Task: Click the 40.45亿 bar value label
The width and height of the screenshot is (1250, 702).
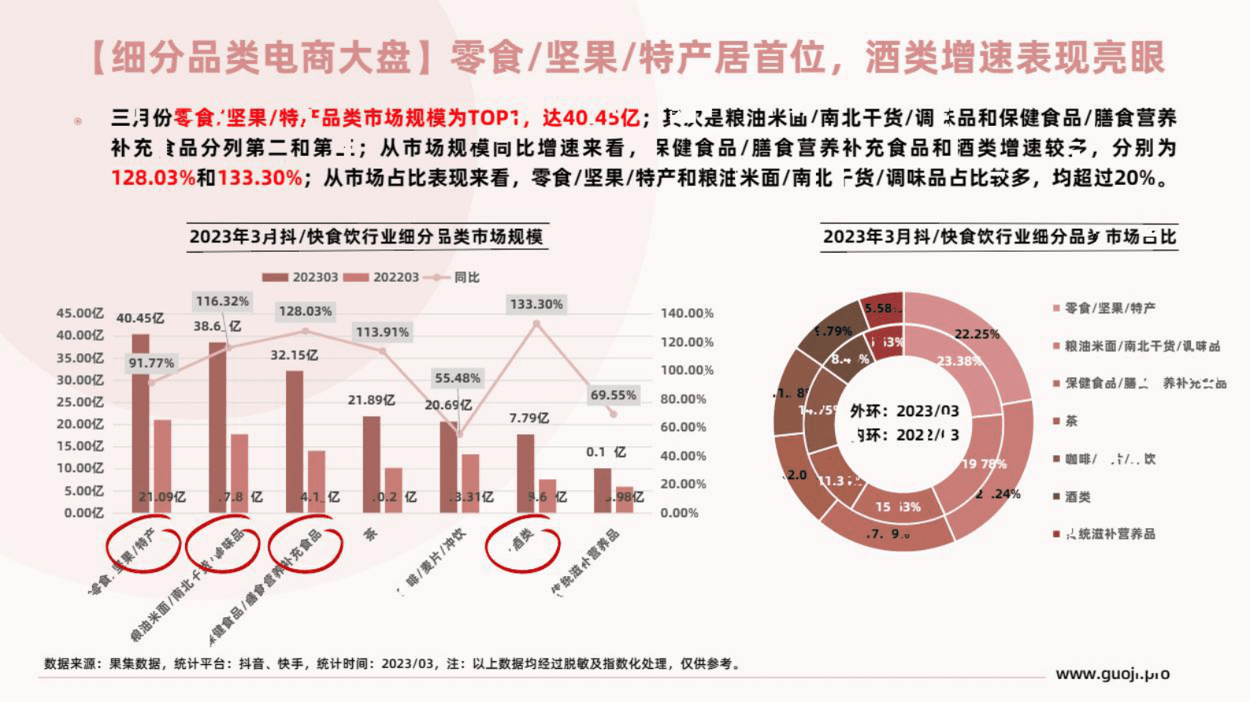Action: click(140, 318)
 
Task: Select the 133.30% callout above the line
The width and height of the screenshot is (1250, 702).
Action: click(536, 304)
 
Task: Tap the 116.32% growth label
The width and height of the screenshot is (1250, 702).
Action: click(222, 301)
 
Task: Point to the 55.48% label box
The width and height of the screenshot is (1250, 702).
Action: click(457, 378)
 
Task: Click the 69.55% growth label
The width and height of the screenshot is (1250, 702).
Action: click(613, 395)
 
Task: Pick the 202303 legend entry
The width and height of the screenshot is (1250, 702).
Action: click(300, 277)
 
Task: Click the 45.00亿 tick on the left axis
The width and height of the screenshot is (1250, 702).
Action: click(80, 313)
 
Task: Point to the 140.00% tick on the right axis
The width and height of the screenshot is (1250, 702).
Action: click(687, 313)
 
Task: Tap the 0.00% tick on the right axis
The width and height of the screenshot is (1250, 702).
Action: click(679, 512)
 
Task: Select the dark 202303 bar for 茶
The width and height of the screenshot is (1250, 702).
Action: click(371, 464)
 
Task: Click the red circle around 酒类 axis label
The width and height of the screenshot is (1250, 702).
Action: click(522, 542)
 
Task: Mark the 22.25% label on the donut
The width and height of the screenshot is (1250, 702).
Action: click(977, 334)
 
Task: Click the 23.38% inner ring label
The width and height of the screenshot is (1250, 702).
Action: click(959, 360)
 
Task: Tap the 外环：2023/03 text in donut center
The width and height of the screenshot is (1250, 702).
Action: click(904, 411)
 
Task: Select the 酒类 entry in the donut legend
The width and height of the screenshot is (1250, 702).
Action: click(1078, 497)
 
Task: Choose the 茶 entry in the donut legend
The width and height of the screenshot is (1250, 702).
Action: click(1070, 421)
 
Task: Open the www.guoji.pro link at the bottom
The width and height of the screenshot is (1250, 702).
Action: click(1112, 674)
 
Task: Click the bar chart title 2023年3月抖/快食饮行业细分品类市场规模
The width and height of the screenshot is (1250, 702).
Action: click(366, 237)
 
